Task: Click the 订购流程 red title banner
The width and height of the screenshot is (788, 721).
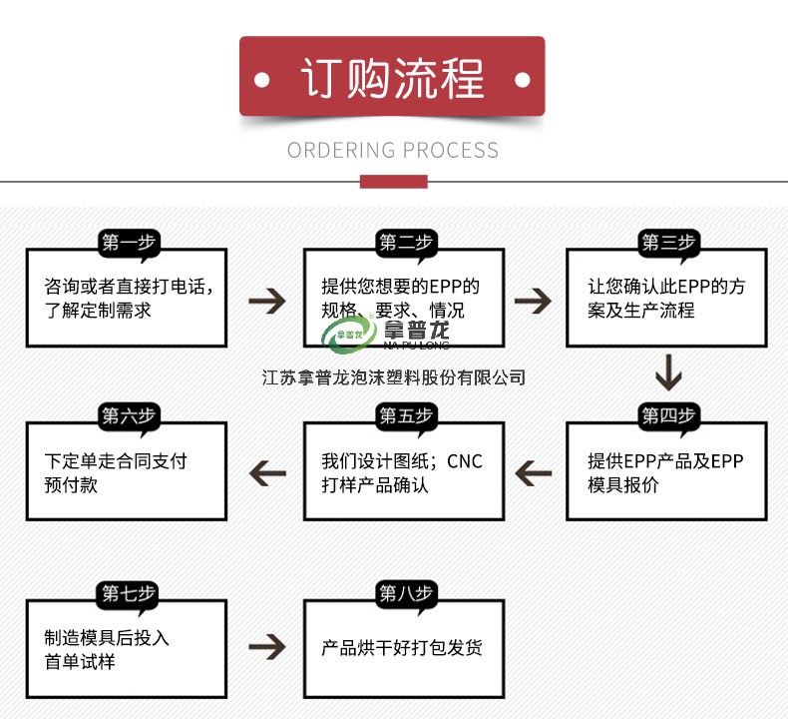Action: point(392,77)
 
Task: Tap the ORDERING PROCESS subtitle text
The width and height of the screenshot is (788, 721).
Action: point(393,151)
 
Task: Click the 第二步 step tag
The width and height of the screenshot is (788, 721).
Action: point(405,244)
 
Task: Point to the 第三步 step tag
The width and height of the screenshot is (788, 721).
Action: point(667,244)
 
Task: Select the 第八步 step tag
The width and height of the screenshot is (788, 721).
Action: point(405,593)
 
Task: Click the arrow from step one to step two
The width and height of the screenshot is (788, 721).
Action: point(266,299)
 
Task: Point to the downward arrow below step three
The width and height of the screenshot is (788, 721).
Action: point(667,373)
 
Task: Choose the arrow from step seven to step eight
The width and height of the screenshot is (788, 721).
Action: point(266,646)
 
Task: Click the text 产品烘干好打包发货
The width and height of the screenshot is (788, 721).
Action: point(402,648)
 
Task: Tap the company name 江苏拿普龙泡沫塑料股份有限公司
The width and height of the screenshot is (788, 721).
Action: point(393,377)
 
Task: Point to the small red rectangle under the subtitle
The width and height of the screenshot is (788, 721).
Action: point(393,182)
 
